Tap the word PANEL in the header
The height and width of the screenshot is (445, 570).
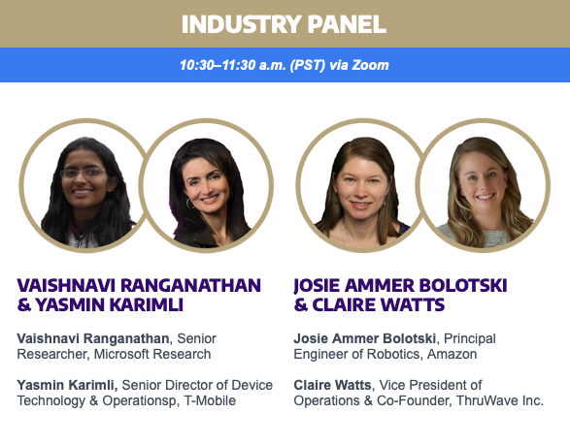pyautogui.click(x=347, y=24)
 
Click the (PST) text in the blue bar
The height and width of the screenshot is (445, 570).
pyautogui.click(x=308, y=65)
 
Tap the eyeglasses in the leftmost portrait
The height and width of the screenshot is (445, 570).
pyautogui.click(x=84, y=173)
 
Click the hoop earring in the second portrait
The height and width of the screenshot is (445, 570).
pyautogui.click(x=189, y=204)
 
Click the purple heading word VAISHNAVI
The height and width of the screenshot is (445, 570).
pyautogui.click(x=67, y=286)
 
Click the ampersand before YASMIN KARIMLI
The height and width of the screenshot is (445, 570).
pyautogui.click(x=24, y=304)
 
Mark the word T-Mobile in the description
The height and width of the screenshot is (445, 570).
pyautogui.click(x=210, y=400)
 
